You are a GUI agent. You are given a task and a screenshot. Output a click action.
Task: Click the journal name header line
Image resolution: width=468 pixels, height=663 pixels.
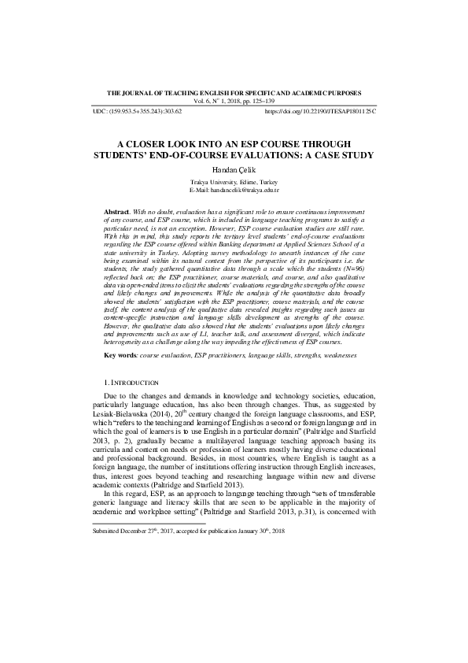tap(234, 93)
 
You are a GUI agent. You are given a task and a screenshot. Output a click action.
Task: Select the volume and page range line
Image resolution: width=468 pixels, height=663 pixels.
tap(234, 102)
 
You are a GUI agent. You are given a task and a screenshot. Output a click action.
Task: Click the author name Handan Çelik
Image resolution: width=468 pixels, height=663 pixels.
tap(234, 170)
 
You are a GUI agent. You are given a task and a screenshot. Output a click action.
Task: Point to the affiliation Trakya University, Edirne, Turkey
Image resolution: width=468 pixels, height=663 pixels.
tap(234, 183)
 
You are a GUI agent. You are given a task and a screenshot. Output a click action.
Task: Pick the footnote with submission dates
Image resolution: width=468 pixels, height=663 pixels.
tap(189, 532)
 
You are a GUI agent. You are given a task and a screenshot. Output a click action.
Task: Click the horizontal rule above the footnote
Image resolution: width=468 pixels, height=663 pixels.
tap(149, 523)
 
